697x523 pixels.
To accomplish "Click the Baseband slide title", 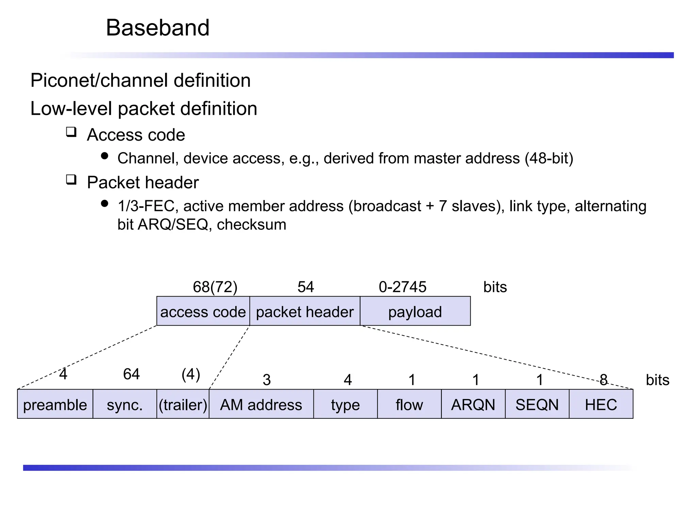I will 157,28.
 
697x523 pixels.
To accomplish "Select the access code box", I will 203,311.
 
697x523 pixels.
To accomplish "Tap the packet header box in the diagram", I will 305,311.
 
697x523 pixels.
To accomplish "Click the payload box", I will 415,311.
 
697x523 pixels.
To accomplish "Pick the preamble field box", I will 55,404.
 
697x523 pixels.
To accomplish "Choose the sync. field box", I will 125,404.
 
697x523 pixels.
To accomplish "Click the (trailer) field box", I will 183,404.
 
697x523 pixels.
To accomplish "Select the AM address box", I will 261,404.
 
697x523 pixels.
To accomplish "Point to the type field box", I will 345,404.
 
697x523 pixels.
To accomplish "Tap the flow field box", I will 409,404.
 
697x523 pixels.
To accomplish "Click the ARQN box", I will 473,404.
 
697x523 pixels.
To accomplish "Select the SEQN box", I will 537,404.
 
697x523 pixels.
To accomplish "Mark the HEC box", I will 601,404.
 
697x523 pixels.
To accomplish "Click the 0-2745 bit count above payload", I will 402,287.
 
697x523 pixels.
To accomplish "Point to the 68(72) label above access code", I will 215,287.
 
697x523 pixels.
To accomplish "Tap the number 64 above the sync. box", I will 131,374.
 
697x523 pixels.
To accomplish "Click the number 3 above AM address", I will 267,380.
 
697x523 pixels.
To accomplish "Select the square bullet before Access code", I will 71,132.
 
